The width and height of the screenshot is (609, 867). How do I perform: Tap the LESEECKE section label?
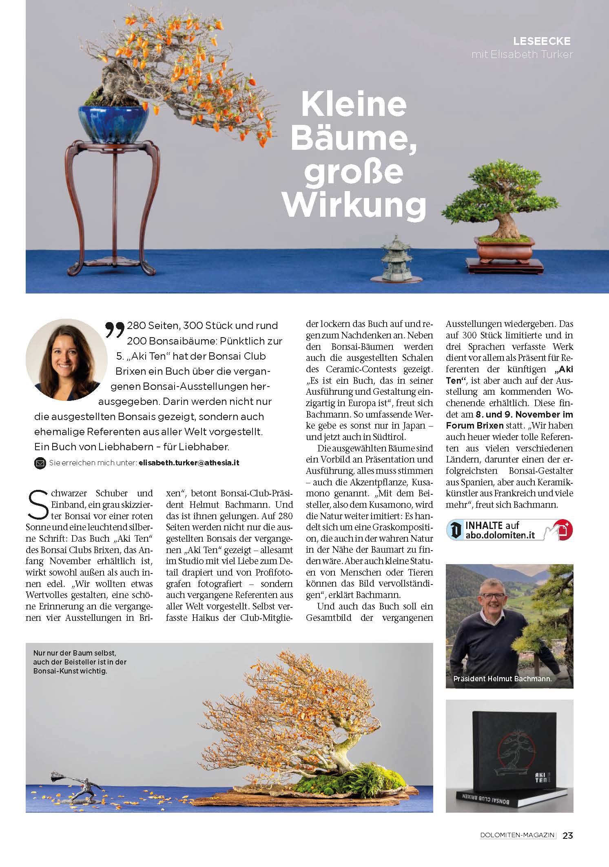[x=542, y=41]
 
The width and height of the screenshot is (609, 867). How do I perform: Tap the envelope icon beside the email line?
[x=40, y=463]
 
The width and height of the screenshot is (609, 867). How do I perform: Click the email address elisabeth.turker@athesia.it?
[x=188, y=463]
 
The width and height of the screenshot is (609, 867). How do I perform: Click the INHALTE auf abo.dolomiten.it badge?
[x=509, y=530]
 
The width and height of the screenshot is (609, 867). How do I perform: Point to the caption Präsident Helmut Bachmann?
[x=502, y=679]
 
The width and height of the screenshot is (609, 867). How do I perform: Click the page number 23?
[x=567, y=836]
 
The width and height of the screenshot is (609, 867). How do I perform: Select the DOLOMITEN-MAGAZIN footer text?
[x=518, y=836]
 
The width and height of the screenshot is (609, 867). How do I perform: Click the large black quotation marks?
[x=115, y=330]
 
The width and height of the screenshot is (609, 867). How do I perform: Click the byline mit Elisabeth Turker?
[x=522, y=54]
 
